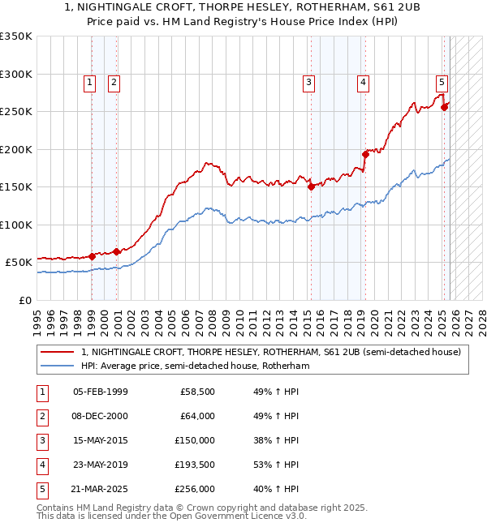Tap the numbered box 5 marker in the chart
(x=442, y=82)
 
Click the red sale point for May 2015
(x=311, y=186)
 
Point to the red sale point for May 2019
(x=365, y=154)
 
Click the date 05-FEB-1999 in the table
(x=100, y=392)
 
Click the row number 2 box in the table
(x=41, y=417)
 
